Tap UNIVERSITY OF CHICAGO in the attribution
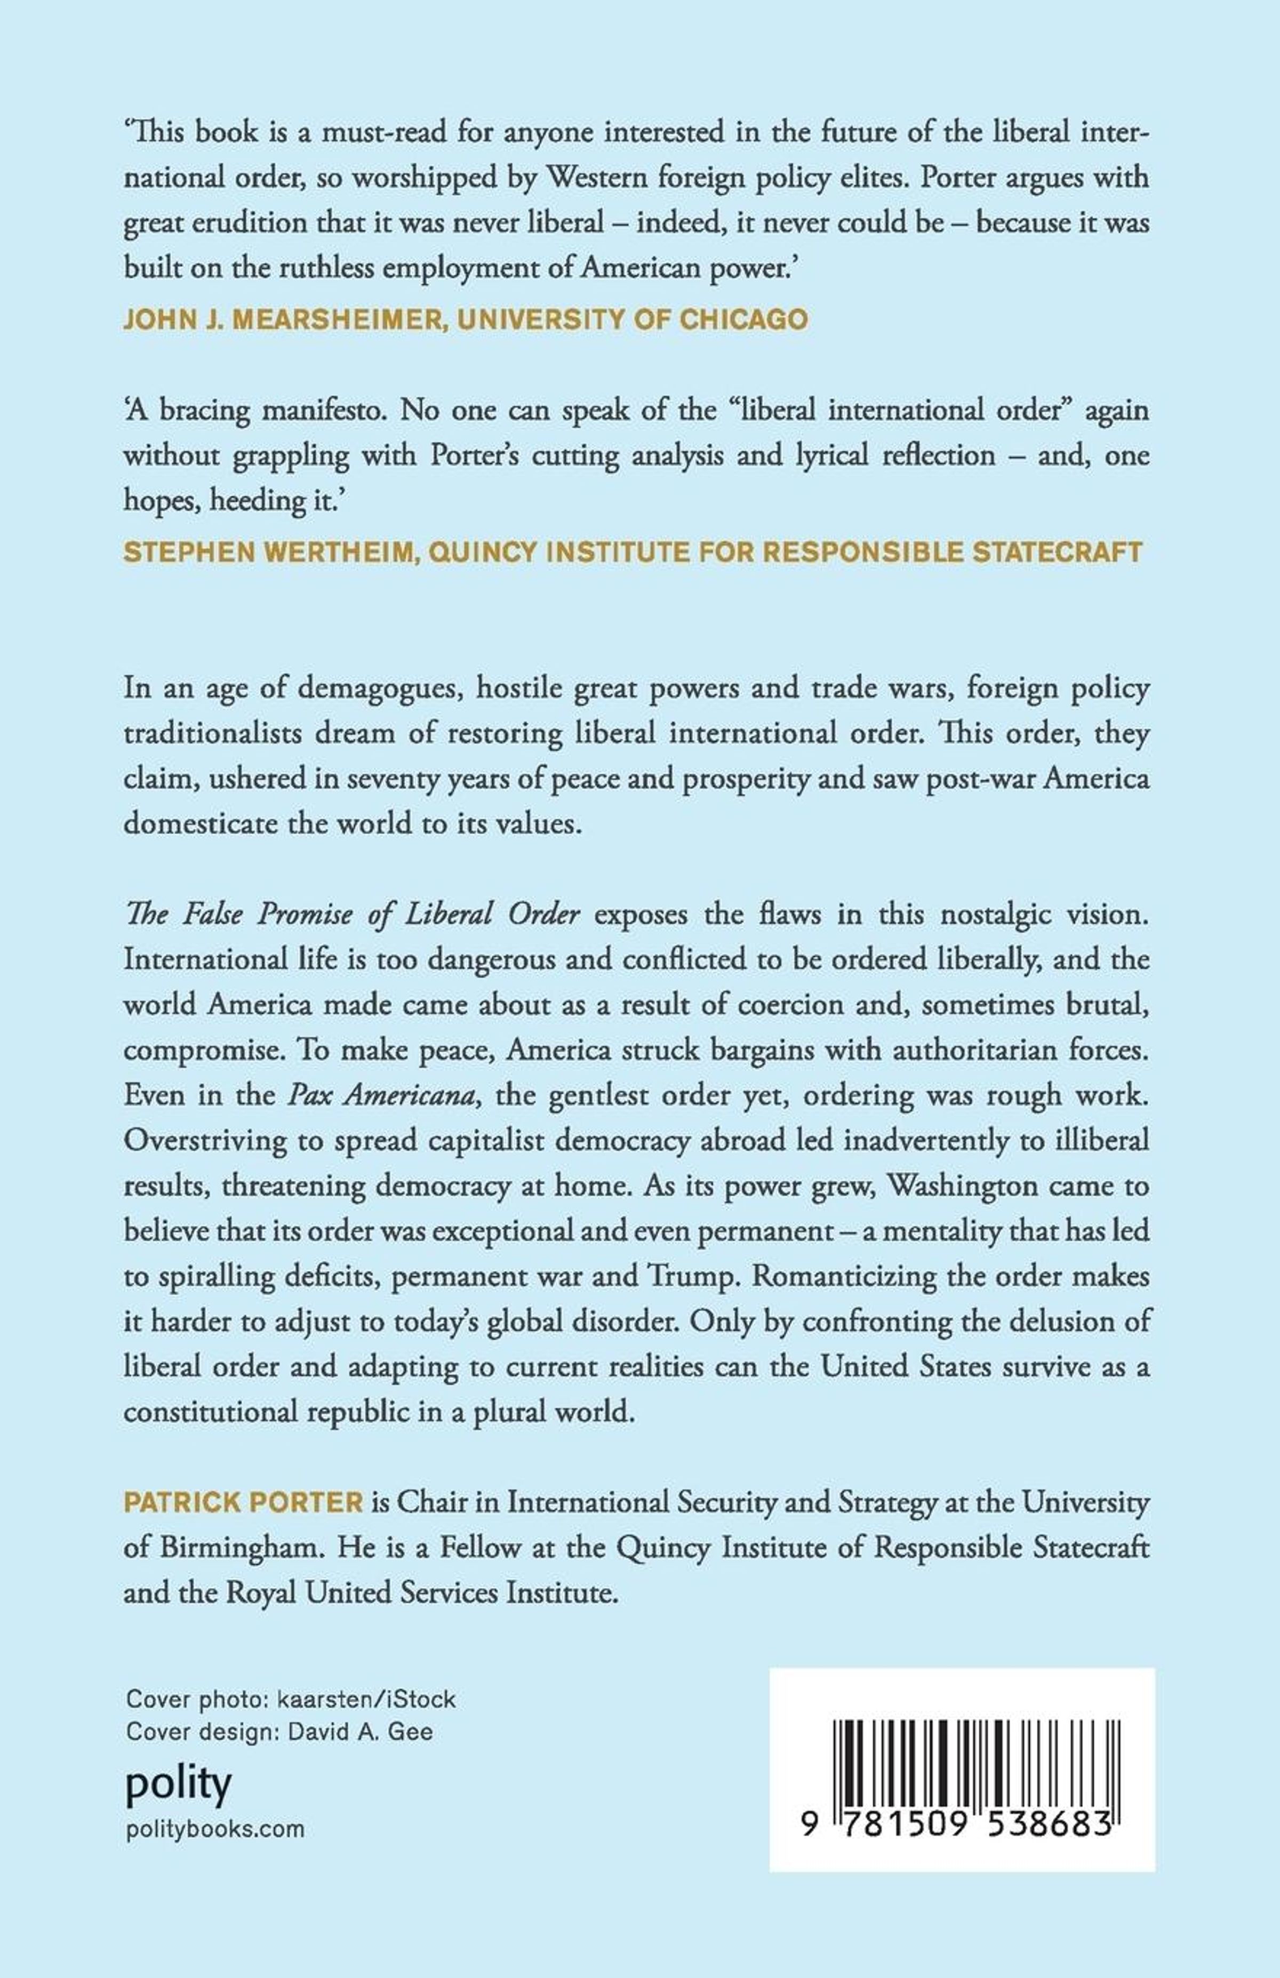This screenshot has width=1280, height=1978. [631, 320]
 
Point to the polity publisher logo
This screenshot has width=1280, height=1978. [178, 1784]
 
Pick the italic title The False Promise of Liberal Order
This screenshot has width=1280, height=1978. [351, 914]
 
